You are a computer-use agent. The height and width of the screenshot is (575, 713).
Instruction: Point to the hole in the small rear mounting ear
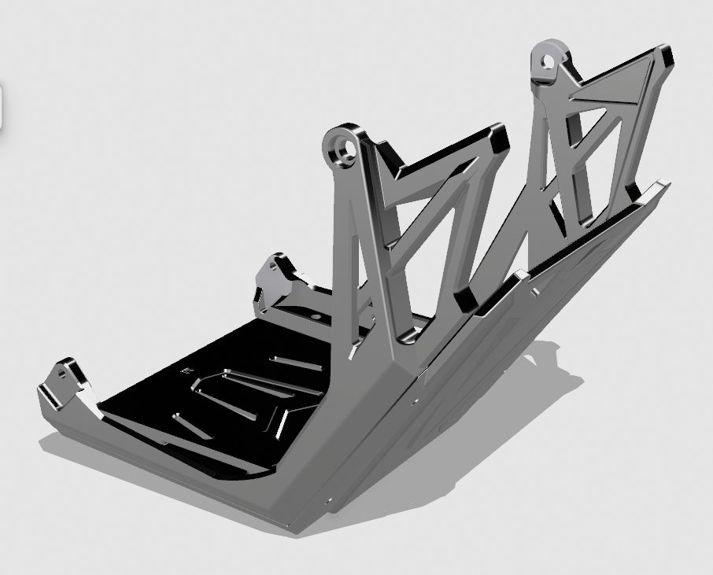[x=273, y=266]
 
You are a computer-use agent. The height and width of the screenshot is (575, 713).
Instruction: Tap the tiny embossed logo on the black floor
[x=187, y=368]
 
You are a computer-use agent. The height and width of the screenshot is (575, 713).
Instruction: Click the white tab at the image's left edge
[x=2, y=106]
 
